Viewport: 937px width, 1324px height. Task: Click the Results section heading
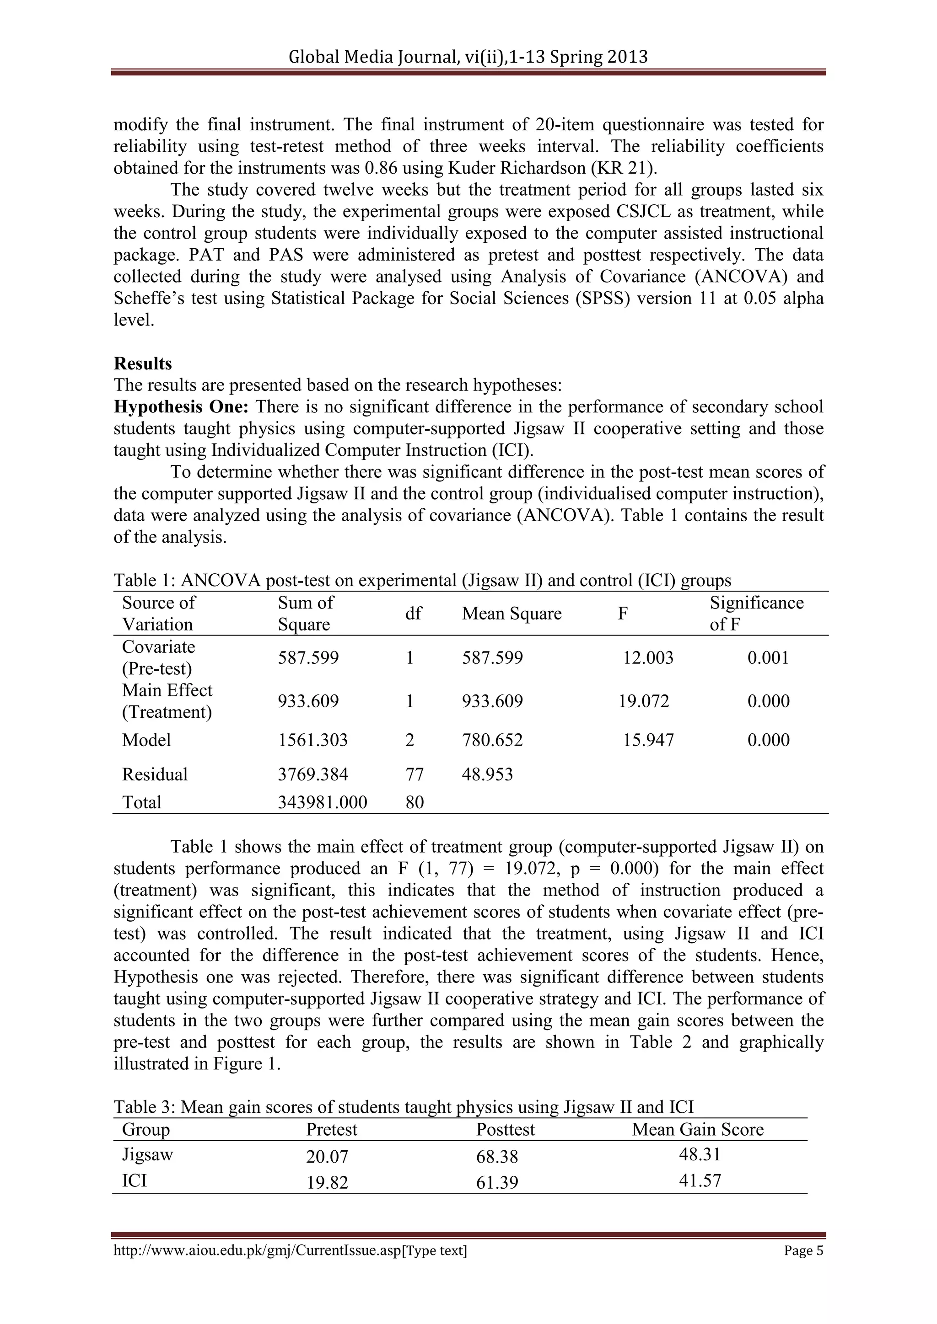(142, 364)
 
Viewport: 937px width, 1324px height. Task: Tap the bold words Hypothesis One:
(181, 407)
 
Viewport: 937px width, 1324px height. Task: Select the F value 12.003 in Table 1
(648, 658)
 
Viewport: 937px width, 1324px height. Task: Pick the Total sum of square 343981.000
(323, 802)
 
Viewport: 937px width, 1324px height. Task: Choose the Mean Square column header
(511, 614)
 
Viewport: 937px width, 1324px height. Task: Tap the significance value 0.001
(768, 658)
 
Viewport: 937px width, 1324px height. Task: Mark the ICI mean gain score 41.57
(700, 1180)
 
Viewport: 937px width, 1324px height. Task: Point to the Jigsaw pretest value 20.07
(327, 1157)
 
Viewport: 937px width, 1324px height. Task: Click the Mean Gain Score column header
(698, 1129)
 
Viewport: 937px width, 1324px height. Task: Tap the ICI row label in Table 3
(135, 1180)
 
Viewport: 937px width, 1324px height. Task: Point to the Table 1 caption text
(422, 580)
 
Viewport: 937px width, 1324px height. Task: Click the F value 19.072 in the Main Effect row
(644, 701)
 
